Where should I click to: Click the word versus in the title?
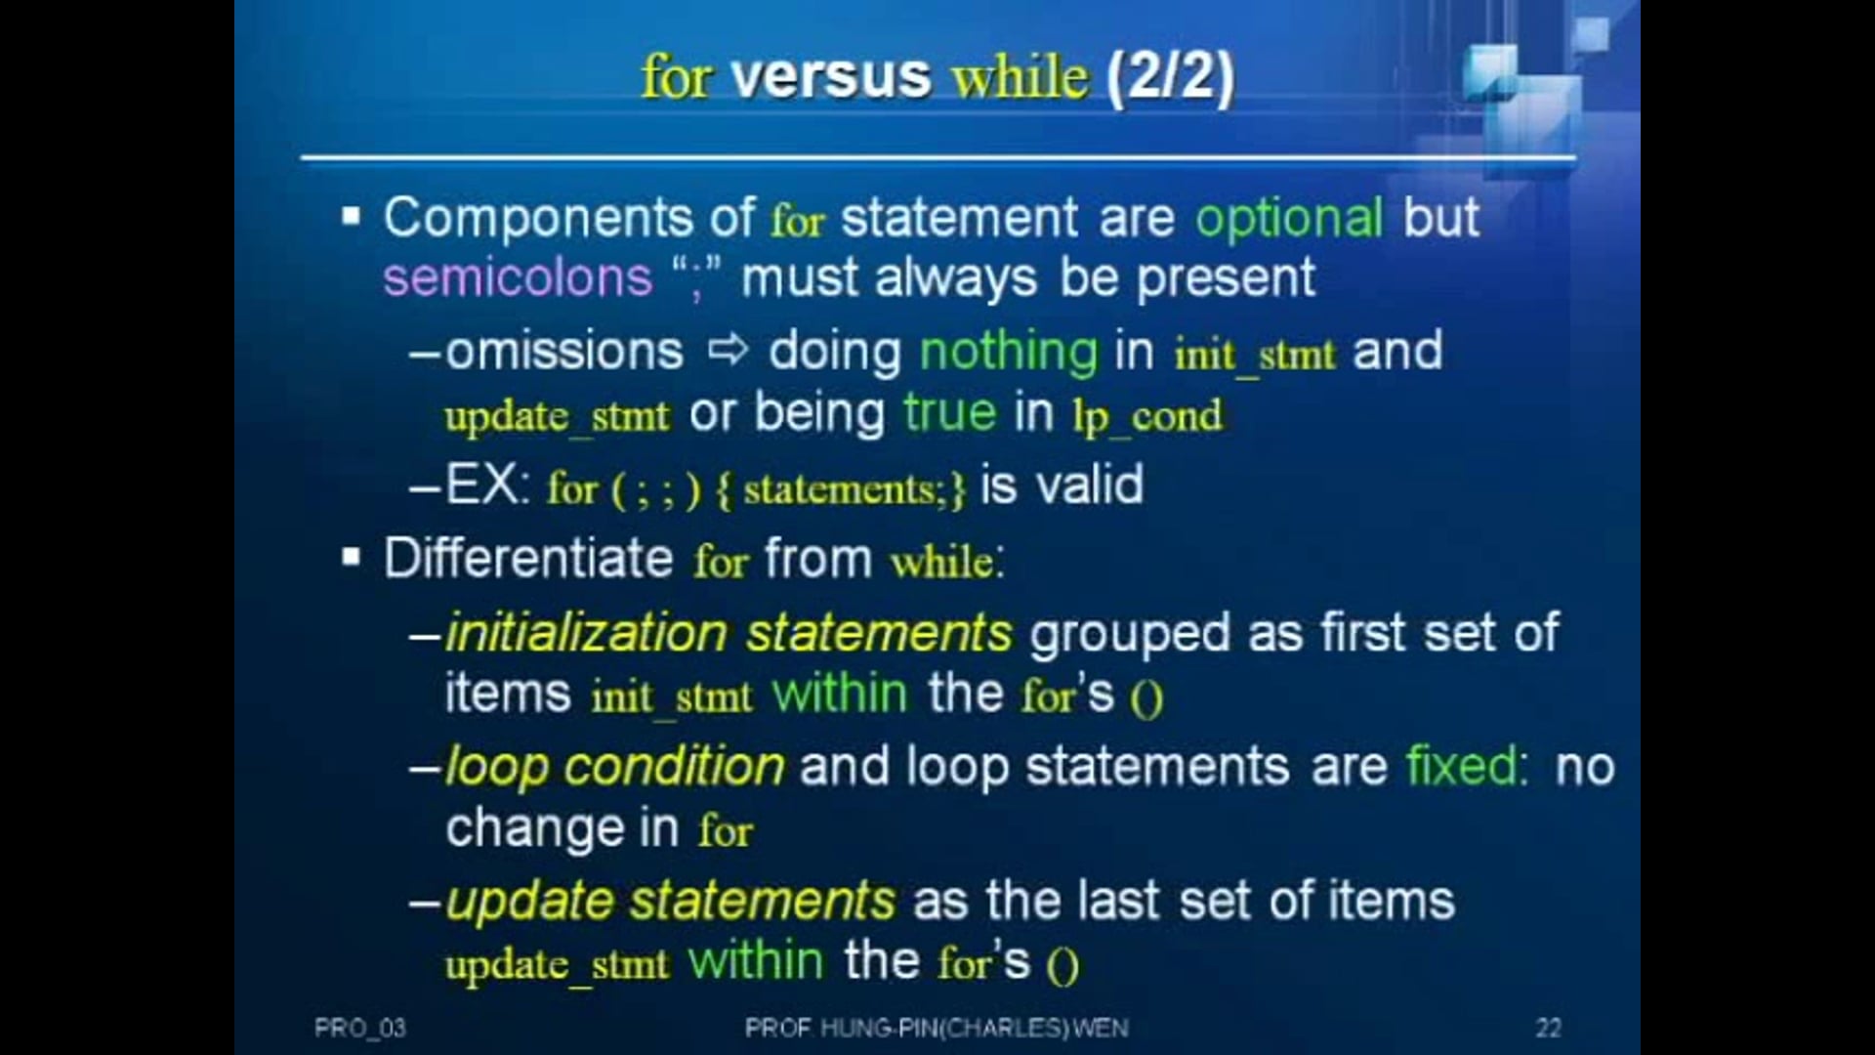[830, 76]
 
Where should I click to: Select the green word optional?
[1289, 219]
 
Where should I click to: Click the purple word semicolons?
[518, 277]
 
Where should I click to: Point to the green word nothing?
[1009, 352]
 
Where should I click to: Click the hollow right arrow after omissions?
[727, 350]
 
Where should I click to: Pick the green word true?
[949, 412]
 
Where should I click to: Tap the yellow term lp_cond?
[1147, 417]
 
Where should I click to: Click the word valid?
[1089, 485]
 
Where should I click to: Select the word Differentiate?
[528, 559]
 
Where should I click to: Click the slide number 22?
[1548, 1028]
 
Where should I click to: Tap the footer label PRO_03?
[359, 1028]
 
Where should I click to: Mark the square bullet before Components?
[352, 216]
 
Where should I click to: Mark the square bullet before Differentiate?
[352, 558]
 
